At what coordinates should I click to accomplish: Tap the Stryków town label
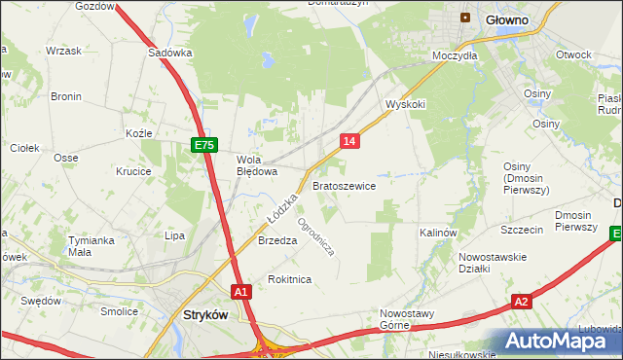[206, 314]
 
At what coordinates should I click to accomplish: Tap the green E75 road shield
[202, 145]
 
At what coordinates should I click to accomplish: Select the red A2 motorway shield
[522, 302]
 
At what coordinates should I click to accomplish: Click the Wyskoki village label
[406, 103]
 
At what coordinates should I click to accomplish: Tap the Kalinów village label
[438, 234]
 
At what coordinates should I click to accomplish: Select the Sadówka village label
[170, 54]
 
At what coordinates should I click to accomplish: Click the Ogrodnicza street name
[316, 235]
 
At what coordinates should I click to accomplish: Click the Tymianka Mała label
[92, 245]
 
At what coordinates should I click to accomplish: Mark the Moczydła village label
[456, 56]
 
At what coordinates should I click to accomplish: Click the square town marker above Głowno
[465, 18]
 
